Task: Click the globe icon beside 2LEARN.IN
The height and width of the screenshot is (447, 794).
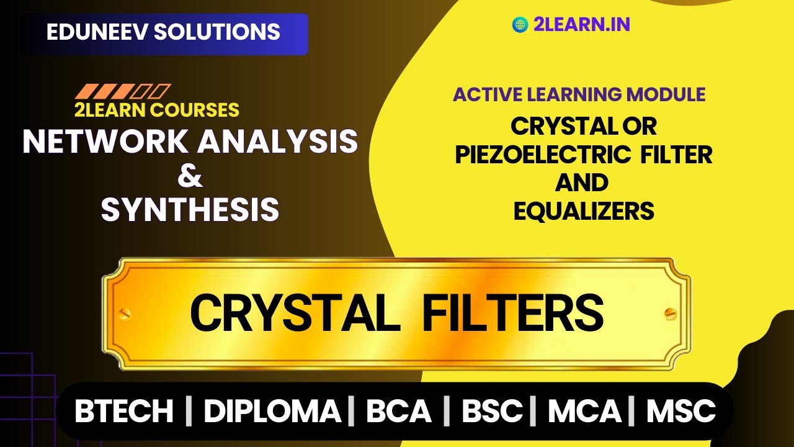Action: pyautogui.click(x=520, y=25)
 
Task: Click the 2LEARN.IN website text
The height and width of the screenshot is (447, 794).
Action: pyautogui.click(x=581, y=25)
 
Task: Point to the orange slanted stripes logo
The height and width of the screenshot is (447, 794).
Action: pyautogui.click(x=122, y=92)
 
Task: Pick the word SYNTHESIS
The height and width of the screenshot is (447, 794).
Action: pyautogui.click(x=190, y=210)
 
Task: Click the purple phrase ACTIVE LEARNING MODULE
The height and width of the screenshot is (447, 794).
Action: pyautogui.click(x=579, y=94)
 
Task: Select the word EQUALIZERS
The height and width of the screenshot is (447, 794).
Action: pyautogui.click(x=584, y=211)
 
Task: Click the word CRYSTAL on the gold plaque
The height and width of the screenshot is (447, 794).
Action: pyautogui.click(x=295, y=313)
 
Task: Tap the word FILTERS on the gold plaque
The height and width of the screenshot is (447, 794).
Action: pyautogui.click(x=512, y=313)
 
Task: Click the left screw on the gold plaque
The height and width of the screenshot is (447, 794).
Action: pyautogui.click(x=125, y=313)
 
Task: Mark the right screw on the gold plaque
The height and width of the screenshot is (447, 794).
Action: pyautogui.click(x=669, y=313)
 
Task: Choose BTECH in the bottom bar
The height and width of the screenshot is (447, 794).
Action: pyautogui.click(x=124, y=411)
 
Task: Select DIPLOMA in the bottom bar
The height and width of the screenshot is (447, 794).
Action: pyautogui.click(x=272, y=411)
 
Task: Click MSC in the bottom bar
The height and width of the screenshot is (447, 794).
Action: pyautogui.click(x=681, y=411)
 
